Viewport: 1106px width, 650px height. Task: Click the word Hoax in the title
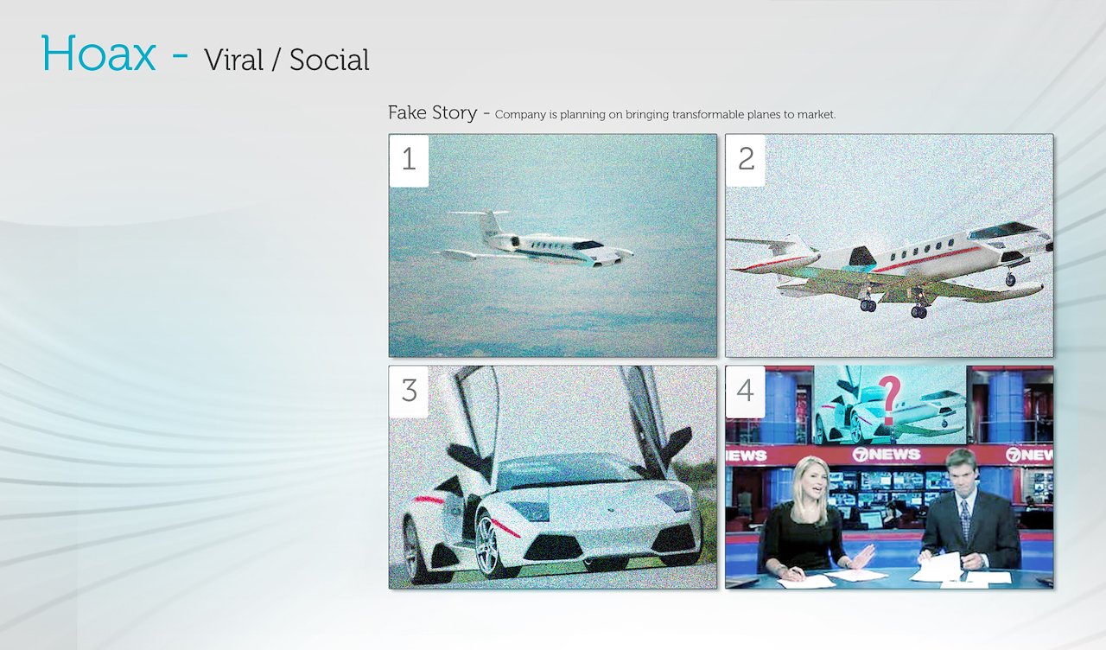tap(99, 54)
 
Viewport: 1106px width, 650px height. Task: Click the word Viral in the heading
tap(233, 61)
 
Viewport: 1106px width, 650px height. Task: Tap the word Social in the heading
tap(329, 61)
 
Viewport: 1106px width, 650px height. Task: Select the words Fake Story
tap(433, 113)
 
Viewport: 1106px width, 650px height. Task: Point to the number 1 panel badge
tap(409, 161)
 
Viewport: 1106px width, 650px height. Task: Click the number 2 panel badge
tap(746, 161)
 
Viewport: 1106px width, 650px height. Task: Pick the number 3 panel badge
tap(409, 392)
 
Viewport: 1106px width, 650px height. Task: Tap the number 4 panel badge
tap(746, 392)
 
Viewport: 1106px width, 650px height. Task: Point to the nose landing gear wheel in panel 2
tap(1011, 280)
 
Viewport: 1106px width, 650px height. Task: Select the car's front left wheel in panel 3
tap(489, 545)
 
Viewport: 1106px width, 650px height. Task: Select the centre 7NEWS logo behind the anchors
tap(887, 455)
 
